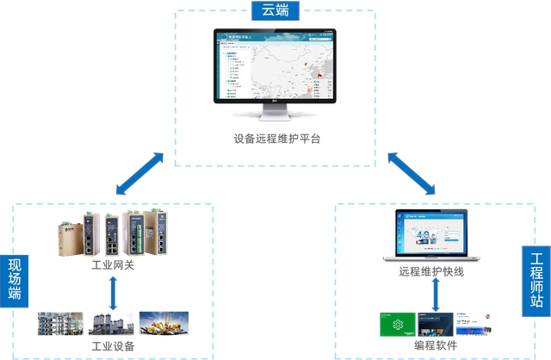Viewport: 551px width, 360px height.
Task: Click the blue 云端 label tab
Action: pyautogui.click(x=275, y=11)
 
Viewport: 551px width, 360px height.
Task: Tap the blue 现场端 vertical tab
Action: pyautogui.click(x=15, y=279)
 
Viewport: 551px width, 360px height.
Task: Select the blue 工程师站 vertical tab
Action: pyautogui.click(x=536, y=279)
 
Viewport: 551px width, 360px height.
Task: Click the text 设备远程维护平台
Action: pyautogui.click(x=275, y=139)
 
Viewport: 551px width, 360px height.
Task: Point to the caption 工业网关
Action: pyautogui.click(x=113, y=266)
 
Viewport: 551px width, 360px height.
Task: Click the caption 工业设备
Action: pyautogui.click(x=113, y=346)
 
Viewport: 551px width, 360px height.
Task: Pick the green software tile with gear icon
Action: pyautogui.click(x=396, y=326)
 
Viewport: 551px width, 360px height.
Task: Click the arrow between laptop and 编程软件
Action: pyautogui.click(x=436, y=296)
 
